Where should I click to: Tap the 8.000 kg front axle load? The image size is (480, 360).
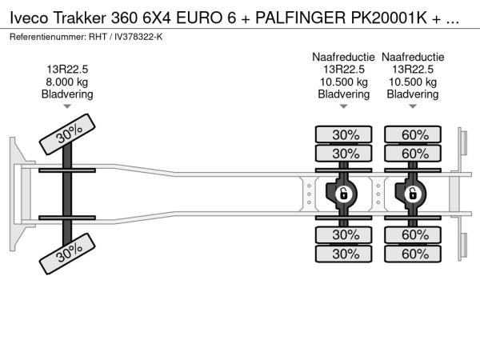point(67,82)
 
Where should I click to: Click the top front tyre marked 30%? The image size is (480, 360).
point(69,138)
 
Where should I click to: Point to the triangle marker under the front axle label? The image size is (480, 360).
point(67,106)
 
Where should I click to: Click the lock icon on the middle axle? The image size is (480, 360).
point(343,194)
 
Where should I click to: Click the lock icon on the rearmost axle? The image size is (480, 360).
point(413,194)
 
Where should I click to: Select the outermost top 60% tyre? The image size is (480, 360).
point(413,134)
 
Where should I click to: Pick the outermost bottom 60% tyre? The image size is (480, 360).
point(413,254)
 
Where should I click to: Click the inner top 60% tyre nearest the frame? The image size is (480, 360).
point(413,154)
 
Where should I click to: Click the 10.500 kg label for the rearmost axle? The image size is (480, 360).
point(413,82)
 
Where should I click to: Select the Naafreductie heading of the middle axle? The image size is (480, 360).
point(343,58)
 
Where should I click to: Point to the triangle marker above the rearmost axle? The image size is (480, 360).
point(413,106)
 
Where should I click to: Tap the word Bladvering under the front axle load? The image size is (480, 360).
point(67,94)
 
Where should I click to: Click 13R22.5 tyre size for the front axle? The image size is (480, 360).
point(67,70)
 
